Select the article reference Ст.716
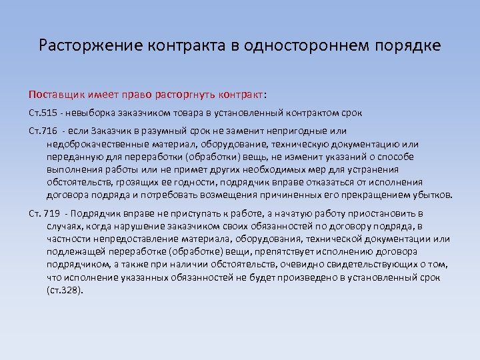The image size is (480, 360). (45, 132)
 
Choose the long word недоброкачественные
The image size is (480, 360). (96, 144)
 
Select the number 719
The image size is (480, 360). (51, 214)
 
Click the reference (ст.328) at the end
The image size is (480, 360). (65, 290)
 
